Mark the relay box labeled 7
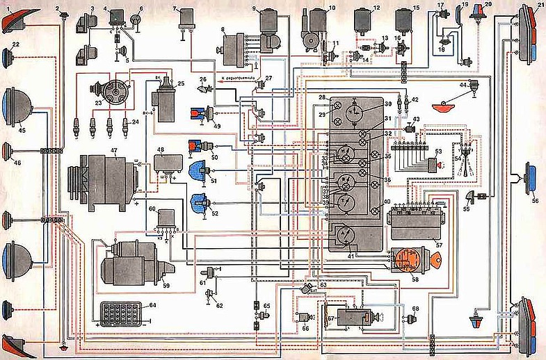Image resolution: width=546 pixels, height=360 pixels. pyautogui.click(x=187, y=19)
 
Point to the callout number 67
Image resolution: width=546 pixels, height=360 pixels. pyautogui.click(x=331, y=318)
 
